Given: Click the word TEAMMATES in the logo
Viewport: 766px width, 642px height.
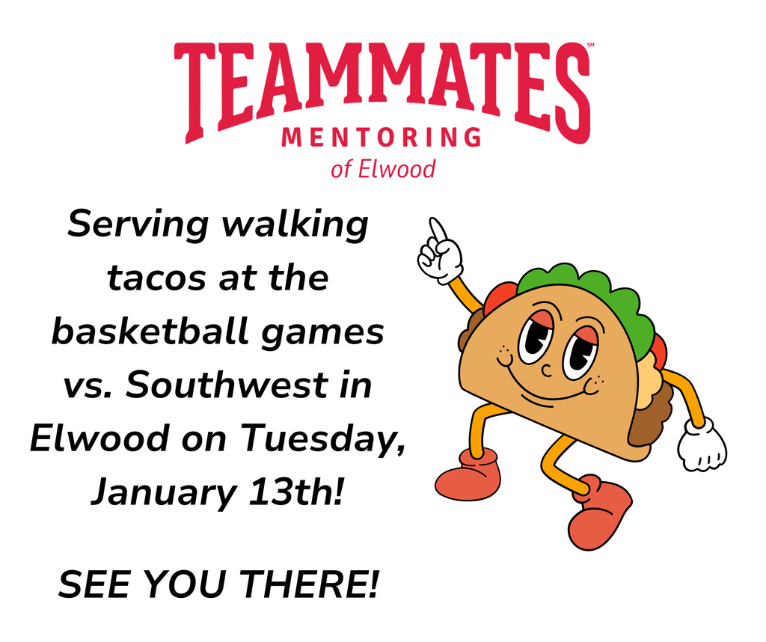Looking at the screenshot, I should [382, 87].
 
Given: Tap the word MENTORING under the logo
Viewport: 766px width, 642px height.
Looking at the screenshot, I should [382, 138].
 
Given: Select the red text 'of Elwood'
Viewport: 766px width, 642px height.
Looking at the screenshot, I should [382, 168].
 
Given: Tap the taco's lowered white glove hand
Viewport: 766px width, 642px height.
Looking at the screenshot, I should [701, 448].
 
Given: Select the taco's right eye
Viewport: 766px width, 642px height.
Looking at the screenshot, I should [580, 352].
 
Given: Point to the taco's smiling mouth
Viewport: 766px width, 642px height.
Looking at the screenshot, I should [546, 389].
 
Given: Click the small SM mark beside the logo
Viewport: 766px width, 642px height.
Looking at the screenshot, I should [590, 46].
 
